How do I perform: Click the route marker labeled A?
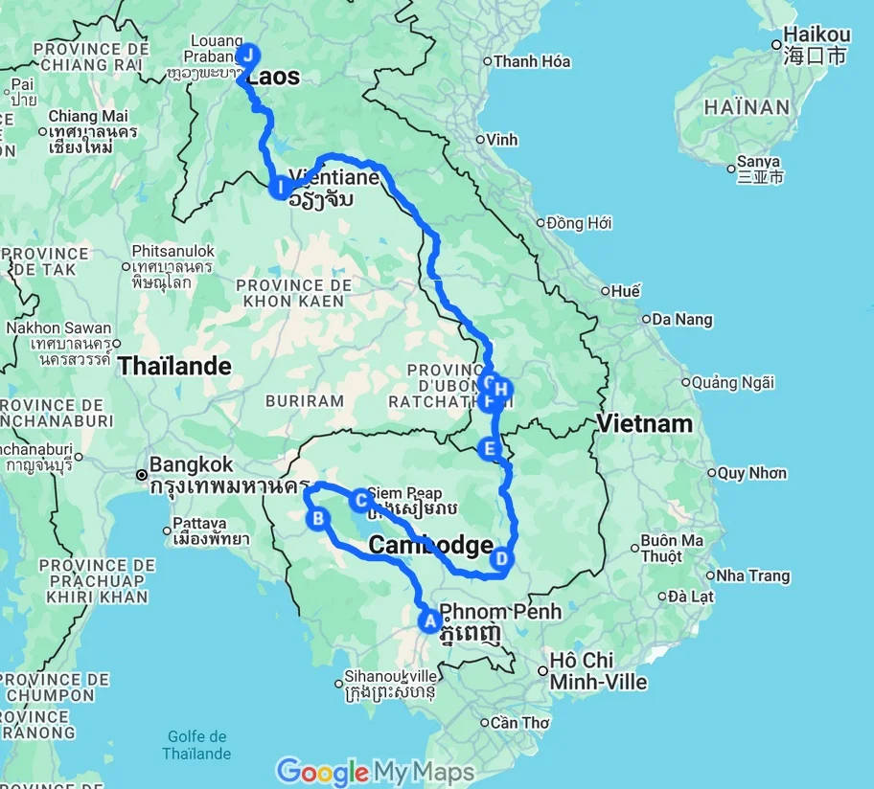428,620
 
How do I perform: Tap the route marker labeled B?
317,519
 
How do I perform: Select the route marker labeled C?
360,499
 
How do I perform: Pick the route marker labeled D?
501,558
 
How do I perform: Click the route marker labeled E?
490,448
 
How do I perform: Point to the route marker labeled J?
248,55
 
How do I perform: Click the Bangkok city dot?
142,474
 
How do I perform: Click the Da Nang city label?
681,319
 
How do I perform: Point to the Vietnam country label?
644,423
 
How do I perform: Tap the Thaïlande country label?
174,366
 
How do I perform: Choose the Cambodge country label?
430,545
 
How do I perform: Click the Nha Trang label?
753,575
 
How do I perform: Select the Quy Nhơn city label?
751,472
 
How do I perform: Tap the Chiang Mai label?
88,116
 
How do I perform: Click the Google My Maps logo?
376,772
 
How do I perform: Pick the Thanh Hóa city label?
532,61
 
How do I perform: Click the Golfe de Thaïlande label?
196,744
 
